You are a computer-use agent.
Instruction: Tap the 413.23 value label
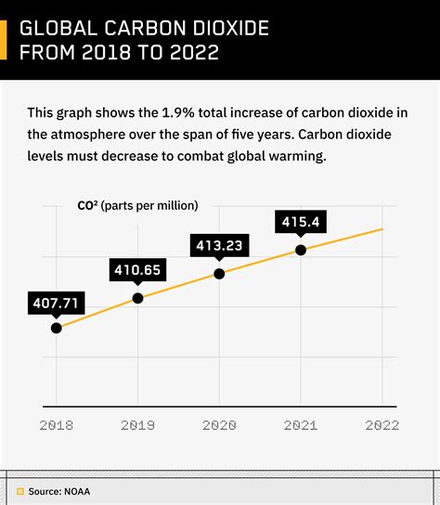(x=219, y=246)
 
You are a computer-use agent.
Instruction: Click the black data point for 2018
(x=57, y=327)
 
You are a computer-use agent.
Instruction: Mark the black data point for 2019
(x=138, y=298)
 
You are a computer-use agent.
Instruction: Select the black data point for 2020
(x=219, y=274)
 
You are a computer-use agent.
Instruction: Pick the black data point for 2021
(x=301, y=250)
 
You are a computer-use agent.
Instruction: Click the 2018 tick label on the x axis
(x=57, y=425)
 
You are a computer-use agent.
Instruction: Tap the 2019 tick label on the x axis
(x=138, y=425)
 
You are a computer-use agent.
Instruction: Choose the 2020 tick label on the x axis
(x=219, y=425)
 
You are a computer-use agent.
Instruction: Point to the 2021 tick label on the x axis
(x=301, y=425)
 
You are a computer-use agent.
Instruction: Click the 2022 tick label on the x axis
(x=382, y=425)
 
